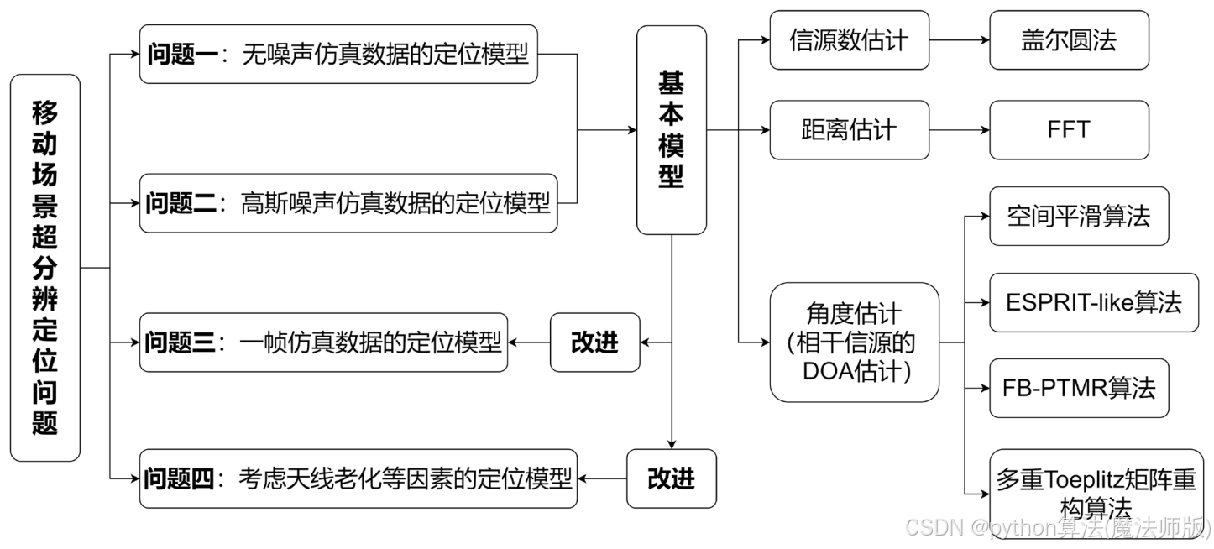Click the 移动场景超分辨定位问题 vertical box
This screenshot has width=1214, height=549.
point(45,268)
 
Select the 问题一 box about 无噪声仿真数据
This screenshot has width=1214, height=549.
point(338,55)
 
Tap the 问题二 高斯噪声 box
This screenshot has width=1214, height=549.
point(348,203)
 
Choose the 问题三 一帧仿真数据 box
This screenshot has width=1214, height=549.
point(324,342)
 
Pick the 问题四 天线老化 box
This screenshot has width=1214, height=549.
point(358,478)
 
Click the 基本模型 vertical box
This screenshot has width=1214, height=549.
point(672,129)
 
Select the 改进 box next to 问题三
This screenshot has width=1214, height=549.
point(594,342)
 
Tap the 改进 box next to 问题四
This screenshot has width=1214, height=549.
point(672,478)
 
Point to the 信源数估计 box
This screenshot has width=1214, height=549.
point(849,39)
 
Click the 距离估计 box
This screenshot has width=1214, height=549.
point(849,130)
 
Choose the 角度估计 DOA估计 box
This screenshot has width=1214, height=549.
point(854,342)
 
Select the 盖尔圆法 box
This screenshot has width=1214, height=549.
point(1069,39)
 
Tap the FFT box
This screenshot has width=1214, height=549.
point(1069,130)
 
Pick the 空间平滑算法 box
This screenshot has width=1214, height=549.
point(1079,216)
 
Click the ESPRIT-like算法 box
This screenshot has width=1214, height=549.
point(1094,302)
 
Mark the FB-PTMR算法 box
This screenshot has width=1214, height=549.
point(1079,388)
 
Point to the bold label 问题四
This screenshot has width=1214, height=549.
point(179,478)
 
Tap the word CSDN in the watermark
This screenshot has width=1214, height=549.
point(933,526)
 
